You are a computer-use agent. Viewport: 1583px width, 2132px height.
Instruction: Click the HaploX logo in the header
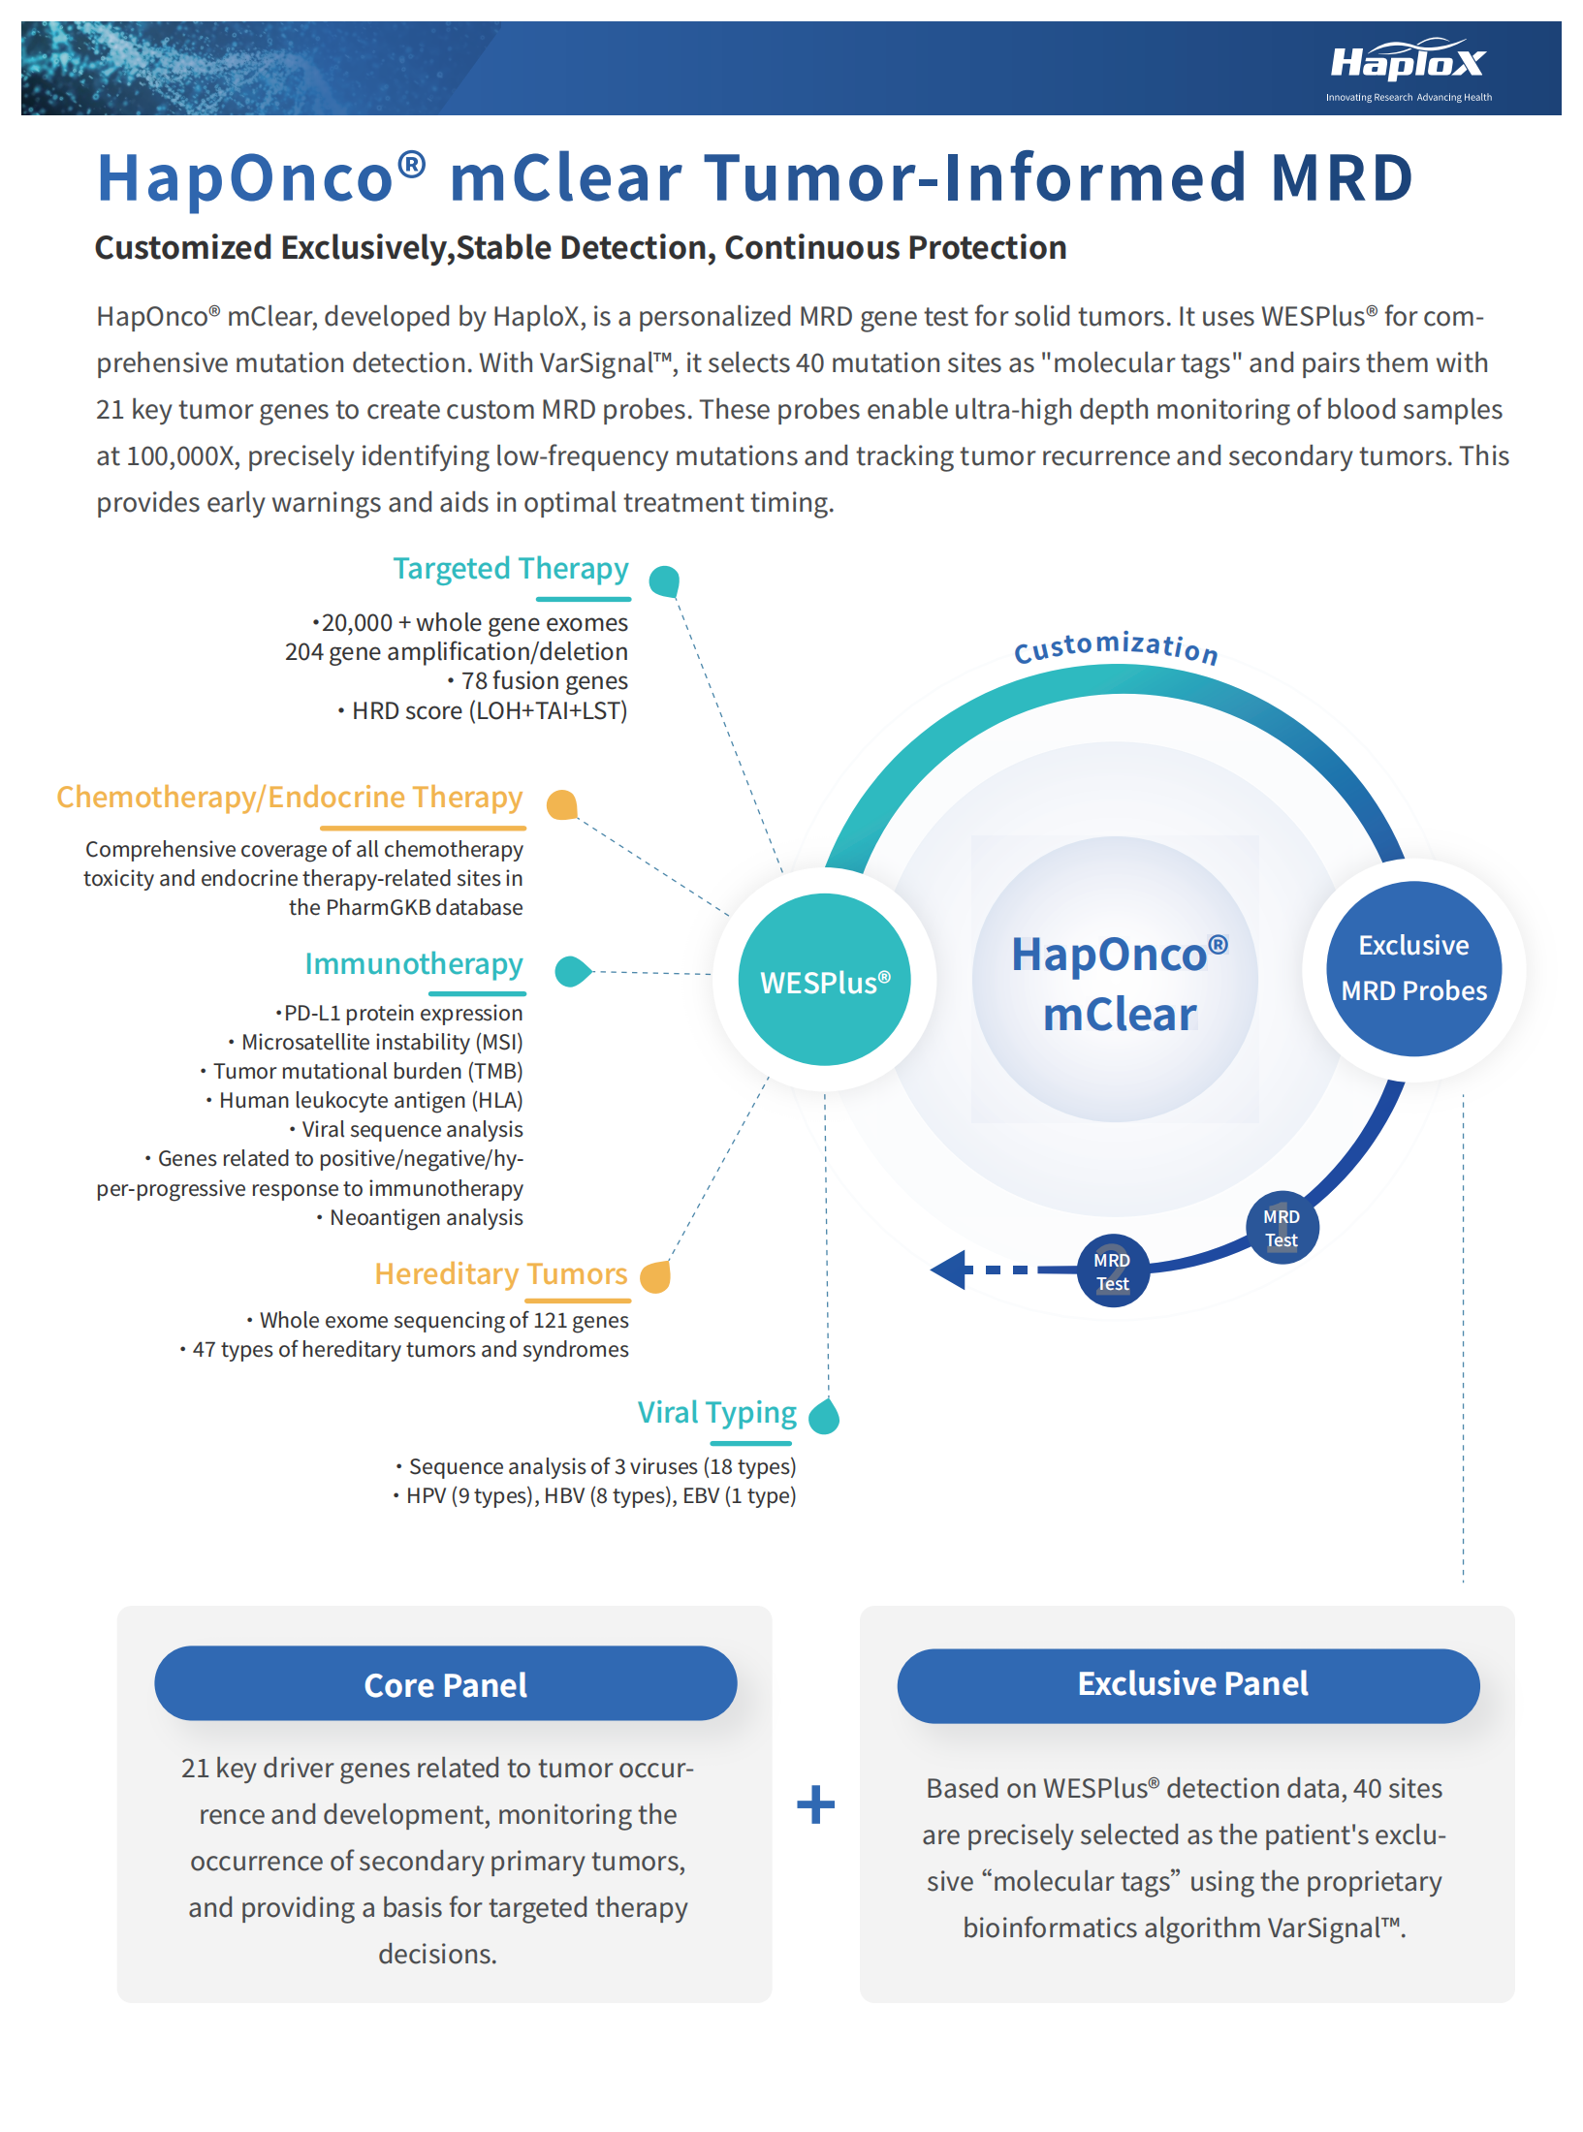point(1409,66)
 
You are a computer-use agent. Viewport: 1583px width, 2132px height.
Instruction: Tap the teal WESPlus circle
point(825,980)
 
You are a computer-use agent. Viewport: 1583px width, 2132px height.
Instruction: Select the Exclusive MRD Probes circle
point(1414,968)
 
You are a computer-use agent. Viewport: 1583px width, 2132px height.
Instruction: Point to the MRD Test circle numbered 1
point(1282,1228)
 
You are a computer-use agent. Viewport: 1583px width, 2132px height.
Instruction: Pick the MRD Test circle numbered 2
point(1112,1271)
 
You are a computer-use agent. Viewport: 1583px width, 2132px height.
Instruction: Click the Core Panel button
point(445,1684)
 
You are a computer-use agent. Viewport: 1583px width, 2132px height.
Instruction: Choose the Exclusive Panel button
point(1191,1684)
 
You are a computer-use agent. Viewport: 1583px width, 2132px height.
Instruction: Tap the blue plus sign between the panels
point(815,1804)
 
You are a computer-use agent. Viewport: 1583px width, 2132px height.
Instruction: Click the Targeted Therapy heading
point(511,569)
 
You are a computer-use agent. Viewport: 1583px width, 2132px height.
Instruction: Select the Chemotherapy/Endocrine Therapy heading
point(290,797)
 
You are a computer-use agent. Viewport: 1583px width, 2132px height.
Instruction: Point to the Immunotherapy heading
point(414,964)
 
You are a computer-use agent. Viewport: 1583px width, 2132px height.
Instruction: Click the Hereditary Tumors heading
point(501,1273)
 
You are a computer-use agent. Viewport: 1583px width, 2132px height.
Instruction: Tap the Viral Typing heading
point(716,1413)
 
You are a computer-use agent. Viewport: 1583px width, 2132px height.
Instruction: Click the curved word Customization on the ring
point(1116,646)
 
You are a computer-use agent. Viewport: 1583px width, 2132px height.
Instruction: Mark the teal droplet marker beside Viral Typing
point(824,1417)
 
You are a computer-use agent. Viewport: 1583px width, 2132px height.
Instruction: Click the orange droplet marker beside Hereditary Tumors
point(656,1276)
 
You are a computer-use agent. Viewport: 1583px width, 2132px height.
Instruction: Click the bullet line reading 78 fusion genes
point(539,681)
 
